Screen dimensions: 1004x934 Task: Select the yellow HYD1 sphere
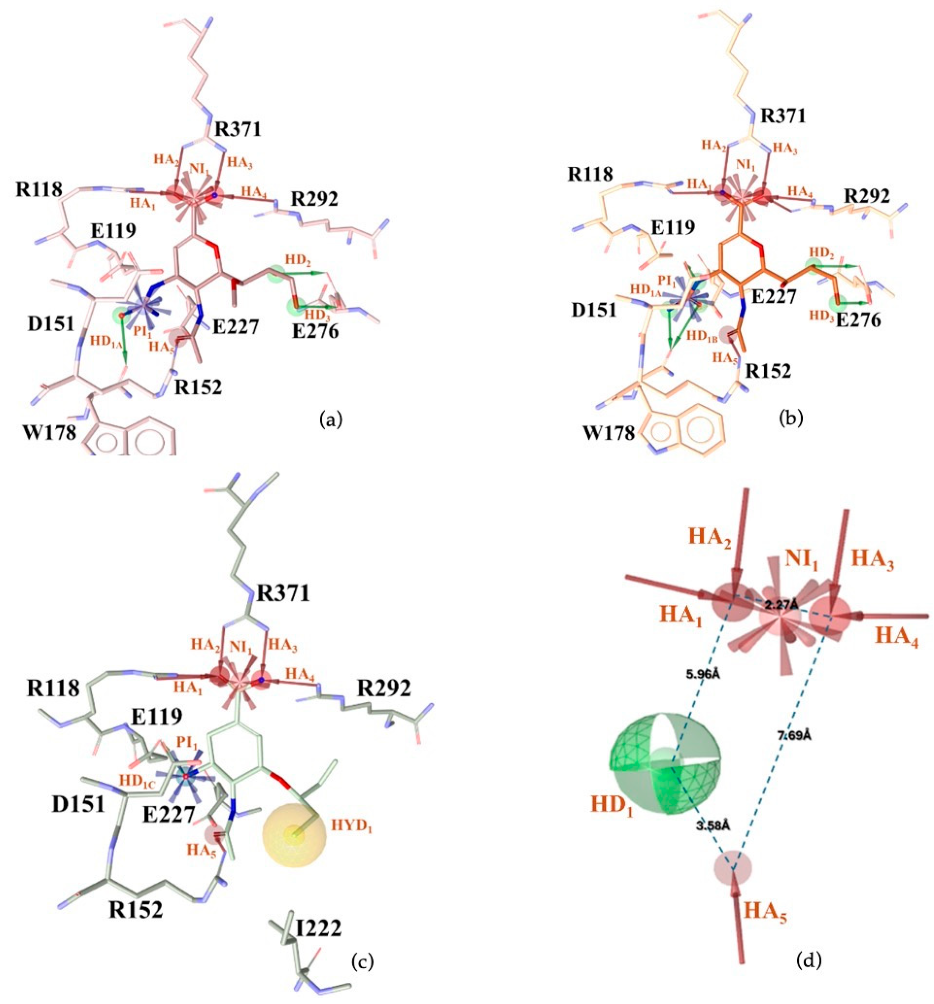295,835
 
